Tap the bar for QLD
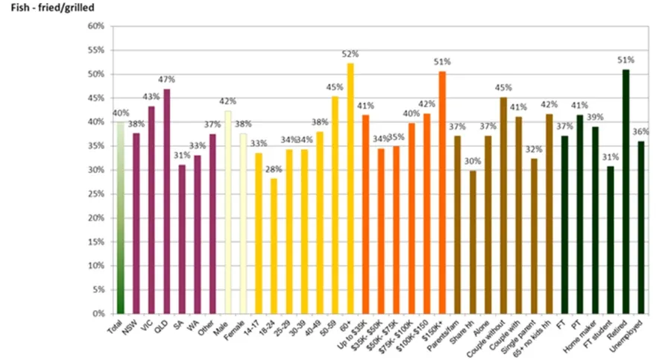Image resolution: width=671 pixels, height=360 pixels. [x=166, y=201]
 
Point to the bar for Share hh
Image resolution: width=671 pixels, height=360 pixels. [x=473, y=242]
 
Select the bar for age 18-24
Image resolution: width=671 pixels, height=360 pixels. [x=274, y=246]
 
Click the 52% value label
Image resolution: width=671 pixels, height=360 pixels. [x=350, y=54]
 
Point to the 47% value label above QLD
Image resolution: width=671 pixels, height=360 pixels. [x=166, y=79]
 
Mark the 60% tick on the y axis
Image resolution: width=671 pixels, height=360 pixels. [x=96, y=26]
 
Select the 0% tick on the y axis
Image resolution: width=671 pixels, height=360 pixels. [x=98, y=314]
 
